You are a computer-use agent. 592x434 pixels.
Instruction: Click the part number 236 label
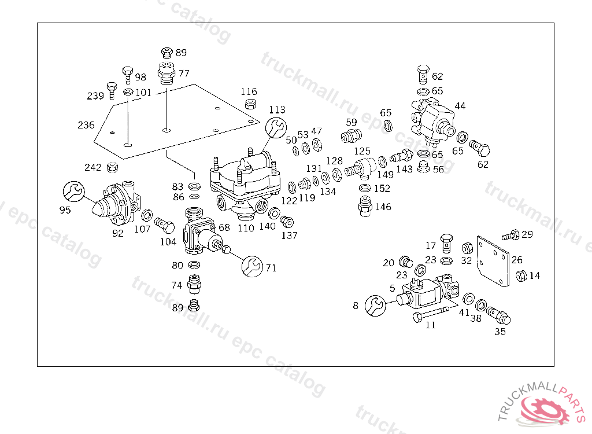click(86, 125)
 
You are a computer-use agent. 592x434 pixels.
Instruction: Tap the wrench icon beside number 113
click(276, 127)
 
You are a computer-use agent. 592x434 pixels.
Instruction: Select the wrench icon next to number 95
click(73, 192)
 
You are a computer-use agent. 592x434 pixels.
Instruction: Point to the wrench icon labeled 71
click(252, 266)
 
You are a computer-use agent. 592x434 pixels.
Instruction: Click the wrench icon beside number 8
click(375, 306)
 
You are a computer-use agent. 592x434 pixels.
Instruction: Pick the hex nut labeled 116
click(250, 103)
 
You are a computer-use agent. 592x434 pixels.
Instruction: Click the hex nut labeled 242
click(112, 167)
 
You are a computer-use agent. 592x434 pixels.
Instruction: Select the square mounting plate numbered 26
click(493, 262)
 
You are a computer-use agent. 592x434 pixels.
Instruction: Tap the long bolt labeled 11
click(431, 314)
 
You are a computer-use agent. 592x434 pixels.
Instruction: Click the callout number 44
click(460, 106)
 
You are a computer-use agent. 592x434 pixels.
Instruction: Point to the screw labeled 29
click(510, 235)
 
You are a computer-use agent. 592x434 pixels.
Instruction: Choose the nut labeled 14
click(521, 275)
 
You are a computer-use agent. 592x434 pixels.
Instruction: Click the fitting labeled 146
click(364, 206)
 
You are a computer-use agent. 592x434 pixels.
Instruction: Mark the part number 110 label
click(246, 228)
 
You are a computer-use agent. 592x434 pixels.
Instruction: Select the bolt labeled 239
click(112, 90)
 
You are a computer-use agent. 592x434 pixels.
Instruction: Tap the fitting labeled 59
click(351, 135)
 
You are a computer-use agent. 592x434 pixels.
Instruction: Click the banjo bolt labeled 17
click(446, 242)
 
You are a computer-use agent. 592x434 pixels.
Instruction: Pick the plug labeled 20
click(406, 262)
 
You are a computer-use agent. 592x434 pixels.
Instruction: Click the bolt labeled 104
click(165, 225)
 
